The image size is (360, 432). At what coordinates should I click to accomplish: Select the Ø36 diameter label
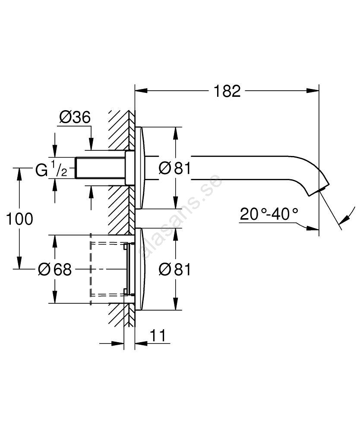click(x=75, y=117)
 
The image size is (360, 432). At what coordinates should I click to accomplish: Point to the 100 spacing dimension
click(x=19, y=219)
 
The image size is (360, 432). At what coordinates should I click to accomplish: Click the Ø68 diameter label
click(x=54, y=270)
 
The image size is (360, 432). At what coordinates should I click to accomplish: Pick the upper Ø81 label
click(x=174, y=168)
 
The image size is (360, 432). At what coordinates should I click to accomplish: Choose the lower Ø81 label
click(x=174, y=270)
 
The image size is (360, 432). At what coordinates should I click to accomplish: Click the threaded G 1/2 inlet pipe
click(x=100, y=168)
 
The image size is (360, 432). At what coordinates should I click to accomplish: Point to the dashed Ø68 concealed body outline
click(x=108, y=269)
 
